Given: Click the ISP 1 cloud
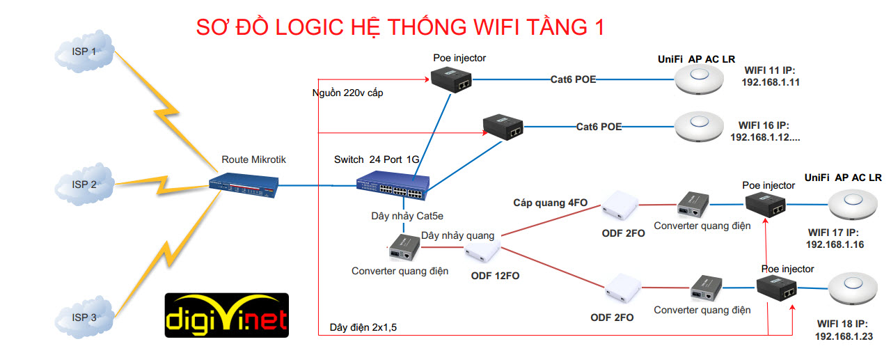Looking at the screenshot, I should tap(84, 54).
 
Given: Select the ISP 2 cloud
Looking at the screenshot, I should tap(84, 185).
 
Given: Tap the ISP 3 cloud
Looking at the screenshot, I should tap(84, 318).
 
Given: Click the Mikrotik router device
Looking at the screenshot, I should tap(244, 184).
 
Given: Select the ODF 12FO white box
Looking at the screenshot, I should tap(482, 249).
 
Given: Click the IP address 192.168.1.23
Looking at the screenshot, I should tap(844, 337).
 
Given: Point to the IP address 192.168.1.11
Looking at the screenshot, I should tap(771, 82).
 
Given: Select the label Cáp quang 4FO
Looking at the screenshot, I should tap(551, 203).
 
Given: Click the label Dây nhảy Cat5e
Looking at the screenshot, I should tap(402, 217).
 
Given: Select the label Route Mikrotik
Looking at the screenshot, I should tap(253, 159).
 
